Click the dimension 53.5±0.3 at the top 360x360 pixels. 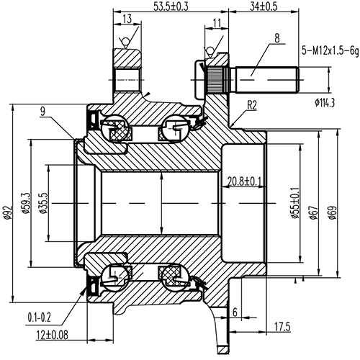(x=171, y=6)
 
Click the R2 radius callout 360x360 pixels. (x=251, y=104)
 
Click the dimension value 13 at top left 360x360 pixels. (x=126, y=18)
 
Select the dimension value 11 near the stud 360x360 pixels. (x=217, y=24)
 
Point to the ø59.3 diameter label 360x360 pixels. (x=27, y=203)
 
